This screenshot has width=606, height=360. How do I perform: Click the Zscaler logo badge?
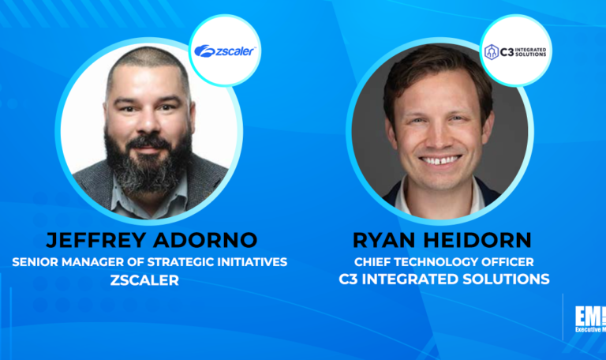226,51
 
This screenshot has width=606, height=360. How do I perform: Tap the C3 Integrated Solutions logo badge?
517,51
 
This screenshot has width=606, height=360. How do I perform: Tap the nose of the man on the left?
148,126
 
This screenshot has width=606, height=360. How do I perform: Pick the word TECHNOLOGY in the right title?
439,262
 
